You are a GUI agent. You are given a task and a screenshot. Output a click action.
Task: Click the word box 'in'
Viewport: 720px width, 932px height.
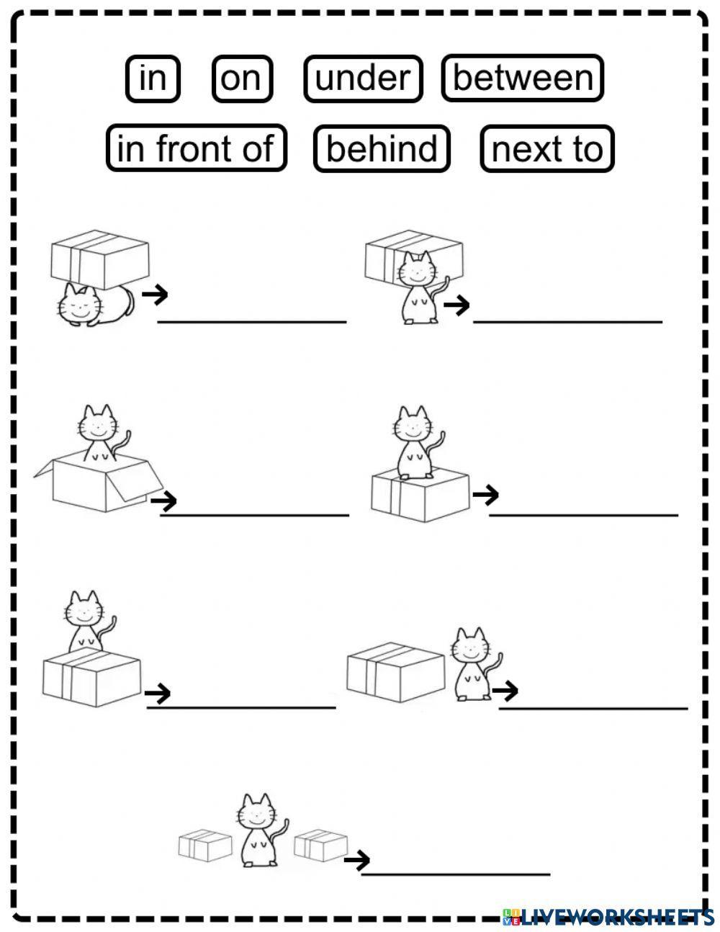click(152, 78)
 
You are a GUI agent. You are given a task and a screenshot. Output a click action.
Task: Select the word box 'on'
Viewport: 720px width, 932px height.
click(242, 78)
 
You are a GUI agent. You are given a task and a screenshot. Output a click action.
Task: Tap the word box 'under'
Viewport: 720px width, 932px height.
click(363, 78)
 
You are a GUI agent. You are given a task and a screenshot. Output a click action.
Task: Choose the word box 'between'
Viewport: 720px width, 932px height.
click(523, 78)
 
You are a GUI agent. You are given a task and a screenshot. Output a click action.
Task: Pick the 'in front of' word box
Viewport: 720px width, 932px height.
click(196, 148)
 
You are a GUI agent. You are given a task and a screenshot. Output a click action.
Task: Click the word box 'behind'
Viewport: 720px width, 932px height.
click(382, 148)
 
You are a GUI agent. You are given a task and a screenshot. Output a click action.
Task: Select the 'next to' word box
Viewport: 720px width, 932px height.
click(547, 148)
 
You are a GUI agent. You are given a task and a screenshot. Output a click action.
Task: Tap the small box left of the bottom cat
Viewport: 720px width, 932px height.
click(204, 846)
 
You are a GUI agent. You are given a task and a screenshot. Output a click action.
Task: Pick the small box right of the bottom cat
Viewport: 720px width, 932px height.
click(321, 844)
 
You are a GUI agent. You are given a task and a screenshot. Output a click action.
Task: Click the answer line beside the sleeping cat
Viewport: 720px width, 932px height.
click(252, 321)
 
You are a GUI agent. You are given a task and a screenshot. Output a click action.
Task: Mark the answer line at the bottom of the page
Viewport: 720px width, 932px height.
click(455, 874)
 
